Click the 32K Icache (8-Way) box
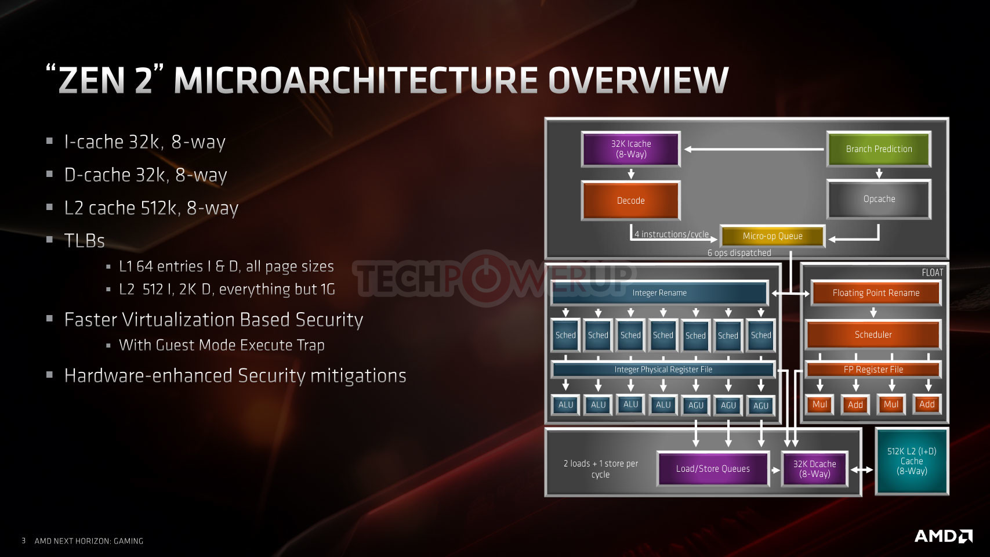pos(630,149)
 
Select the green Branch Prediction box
pos(879,149)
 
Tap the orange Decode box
pos(630,200)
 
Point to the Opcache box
pos(879,199)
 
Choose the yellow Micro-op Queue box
pos(773,236)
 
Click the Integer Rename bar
pos(659,292)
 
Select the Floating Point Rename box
pos(876,292)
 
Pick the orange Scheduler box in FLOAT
pos(873,335)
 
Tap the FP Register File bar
pos(873,370)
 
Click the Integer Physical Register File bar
pos(663,370)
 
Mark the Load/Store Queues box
pos(713,469)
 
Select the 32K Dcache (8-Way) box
pos(814,469)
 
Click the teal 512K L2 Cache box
pos(912,461)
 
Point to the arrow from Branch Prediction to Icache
pos(755,150)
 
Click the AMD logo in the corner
pos(943,536)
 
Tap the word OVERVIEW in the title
pos(638,80)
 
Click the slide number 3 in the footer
pos(23,541)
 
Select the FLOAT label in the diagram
pos(933,273)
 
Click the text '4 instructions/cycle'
pos(672,234)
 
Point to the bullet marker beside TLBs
pos(49,240)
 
